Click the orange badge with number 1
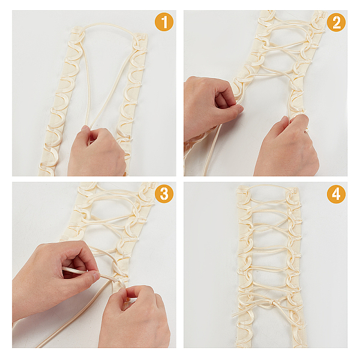(x=164, y=22)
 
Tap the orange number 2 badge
(x=336, y=22)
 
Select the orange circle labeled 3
(x=164, y=194)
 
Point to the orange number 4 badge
(x=336, y=194)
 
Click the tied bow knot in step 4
(x=274, y=304)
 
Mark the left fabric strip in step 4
(x=245, y=266)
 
